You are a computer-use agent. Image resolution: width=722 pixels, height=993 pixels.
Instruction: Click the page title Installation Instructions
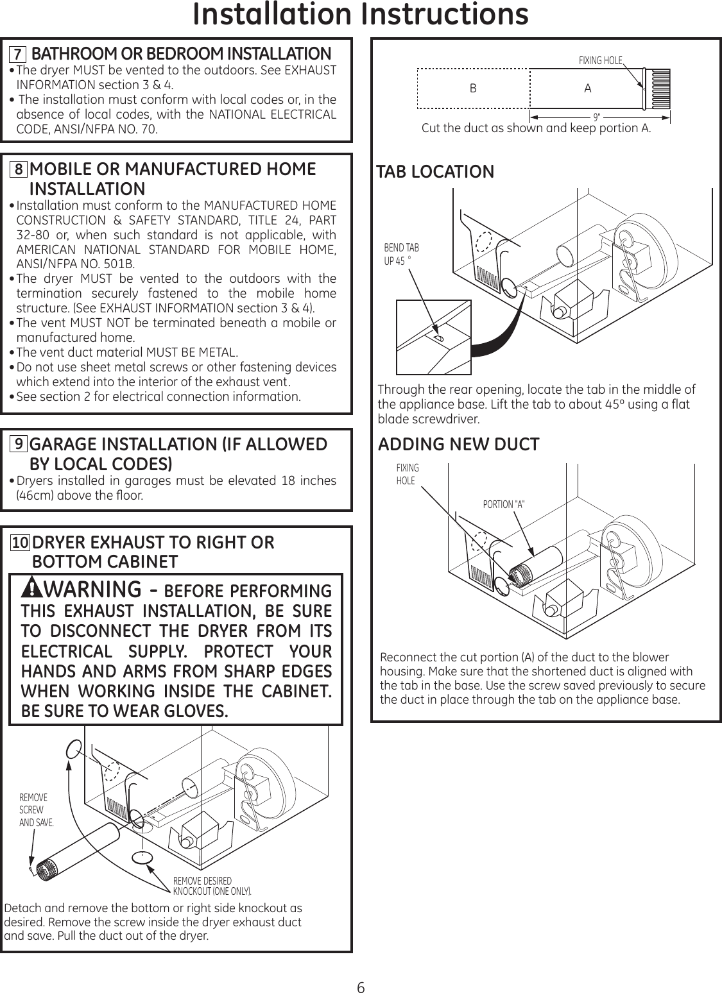[x=361, y=15]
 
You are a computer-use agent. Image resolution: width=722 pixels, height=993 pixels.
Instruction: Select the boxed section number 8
[x=20, y=169]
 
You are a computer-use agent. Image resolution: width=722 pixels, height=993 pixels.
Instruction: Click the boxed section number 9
[x=20, y=445]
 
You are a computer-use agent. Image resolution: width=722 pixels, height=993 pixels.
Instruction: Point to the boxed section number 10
[x=20, y=543]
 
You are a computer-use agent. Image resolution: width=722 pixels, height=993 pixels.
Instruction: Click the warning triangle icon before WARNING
[x=31, y=588]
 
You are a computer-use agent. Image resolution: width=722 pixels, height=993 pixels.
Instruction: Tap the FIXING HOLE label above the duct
[x=600, y=61]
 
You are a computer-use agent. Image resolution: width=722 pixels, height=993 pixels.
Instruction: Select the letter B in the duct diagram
[x=473, y=89]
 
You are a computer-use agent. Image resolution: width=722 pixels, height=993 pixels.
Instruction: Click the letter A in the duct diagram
[x=587, y=89]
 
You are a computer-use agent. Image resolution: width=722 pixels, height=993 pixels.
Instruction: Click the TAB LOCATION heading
[x=435, y=172]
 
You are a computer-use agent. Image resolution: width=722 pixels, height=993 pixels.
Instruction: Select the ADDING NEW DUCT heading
[x=458, y=445]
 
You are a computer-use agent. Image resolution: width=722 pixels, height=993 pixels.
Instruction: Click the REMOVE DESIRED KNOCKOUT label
[x=212, y=886]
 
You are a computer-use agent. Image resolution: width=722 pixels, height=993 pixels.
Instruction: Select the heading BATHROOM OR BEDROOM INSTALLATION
[x=181, y=53]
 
